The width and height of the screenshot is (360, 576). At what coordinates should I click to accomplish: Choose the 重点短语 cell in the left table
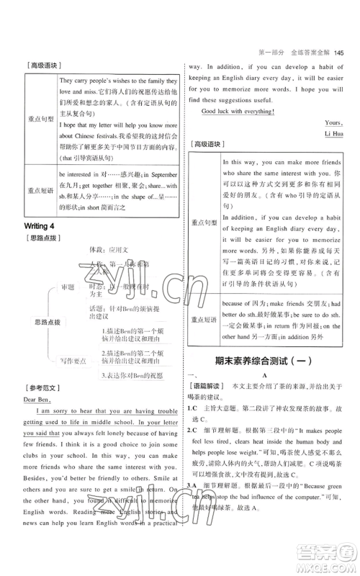pyautogui.click(x=40, y=190)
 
